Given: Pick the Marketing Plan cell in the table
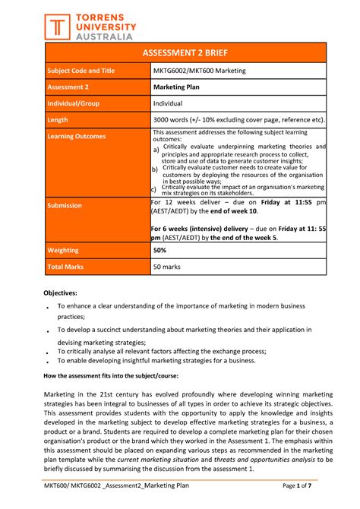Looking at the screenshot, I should pos(178,87).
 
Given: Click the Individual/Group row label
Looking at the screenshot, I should pos(74,103).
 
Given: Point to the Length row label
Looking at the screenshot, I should pos(60,120).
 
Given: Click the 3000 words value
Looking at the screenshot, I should pos(238,120).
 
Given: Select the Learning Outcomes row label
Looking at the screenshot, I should pos(77,137).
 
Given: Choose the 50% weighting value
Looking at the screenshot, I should pos(160,249).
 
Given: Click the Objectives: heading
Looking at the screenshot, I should pos(65,292).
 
